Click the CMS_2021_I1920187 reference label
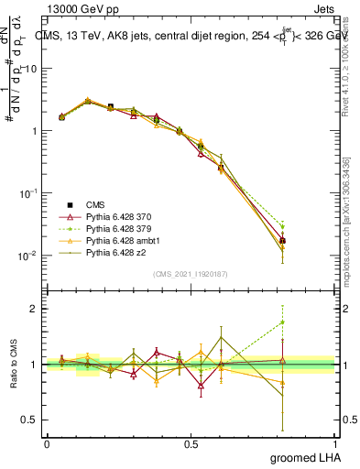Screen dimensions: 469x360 coord(191,274)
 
